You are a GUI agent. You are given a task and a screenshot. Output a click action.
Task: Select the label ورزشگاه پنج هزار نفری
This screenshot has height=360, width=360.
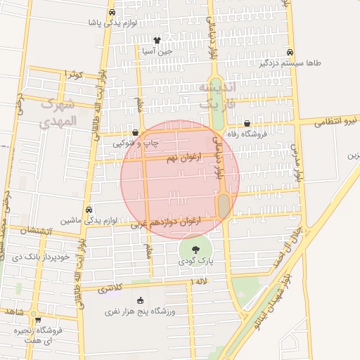click(140, 310)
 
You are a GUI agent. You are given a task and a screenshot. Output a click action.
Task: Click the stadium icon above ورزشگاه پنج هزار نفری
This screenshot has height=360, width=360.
click(140, 300)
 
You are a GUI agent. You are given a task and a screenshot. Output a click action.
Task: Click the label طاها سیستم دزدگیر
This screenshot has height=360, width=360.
click(290, 63)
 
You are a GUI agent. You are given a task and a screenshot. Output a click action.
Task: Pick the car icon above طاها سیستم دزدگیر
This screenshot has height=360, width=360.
click(290, 52)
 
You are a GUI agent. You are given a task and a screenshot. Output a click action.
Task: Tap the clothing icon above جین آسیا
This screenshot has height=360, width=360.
click(157, 41)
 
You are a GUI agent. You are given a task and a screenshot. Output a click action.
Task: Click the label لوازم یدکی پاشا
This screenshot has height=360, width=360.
click(111, 22)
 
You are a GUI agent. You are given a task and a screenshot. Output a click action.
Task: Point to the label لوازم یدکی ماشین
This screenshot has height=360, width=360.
click(89, 220)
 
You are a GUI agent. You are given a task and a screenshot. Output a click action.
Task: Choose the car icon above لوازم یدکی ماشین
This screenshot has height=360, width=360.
click(89, 210)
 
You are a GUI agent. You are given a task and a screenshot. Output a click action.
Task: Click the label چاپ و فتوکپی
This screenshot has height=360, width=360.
click(136, 143)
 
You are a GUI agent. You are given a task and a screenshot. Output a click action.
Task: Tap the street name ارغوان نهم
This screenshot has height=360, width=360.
click(181, 160)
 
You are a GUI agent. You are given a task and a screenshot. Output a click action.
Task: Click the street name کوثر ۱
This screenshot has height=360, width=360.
click(73, 74)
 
